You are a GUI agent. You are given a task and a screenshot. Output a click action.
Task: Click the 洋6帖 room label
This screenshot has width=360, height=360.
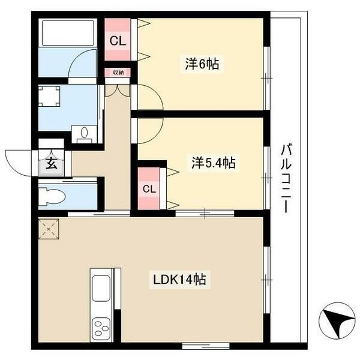click(x=202, y=64)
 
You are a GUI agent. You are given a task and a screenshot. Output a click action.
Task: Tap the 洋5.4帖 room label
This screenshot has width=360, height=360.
click(x=214, y=163)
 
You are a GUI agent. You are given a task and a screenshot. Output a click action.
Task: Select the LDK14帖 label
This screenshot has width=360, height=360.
click(x=179, y=280)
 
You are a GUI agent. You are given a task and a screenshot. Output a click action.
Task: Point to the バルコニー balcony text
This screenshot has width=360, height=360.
click(x=286, y=178)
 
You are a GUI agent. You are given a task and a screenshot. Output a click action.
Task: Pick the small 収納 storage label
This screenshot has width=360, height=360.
click(x=118, y=73)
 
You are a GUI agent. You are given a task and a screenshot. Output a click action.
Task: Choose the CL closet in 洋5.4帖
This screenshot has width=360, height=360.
click(x=149, y=189)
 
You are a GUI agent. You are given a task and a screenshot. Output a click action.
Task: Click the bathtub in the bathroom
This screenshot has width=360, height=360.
click(x=68, y=33)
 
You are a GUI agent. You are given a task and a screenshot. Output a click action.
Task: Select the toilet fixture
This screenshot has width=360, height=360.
click(x=52, y=197)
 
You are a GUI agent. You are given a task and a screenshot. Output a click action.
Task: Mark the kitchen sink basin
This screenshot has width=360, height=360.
click(x=101, y=288)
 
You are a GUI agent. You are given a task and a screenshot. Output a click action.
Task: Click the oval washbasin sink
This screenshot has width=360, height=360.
click(x=85, y=133)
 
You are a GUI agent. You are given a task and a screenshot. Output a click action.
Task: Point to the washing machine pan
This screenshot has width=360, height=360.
click(x=49, y=96)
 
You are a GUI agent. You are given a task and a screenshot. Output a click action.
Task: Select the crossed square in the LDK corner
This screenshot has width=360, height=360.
click(x=49, y=229)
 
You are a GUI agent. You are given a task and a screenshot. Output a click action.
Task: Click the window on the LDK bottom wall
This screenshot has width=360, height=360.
click(x=206, y=346)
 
